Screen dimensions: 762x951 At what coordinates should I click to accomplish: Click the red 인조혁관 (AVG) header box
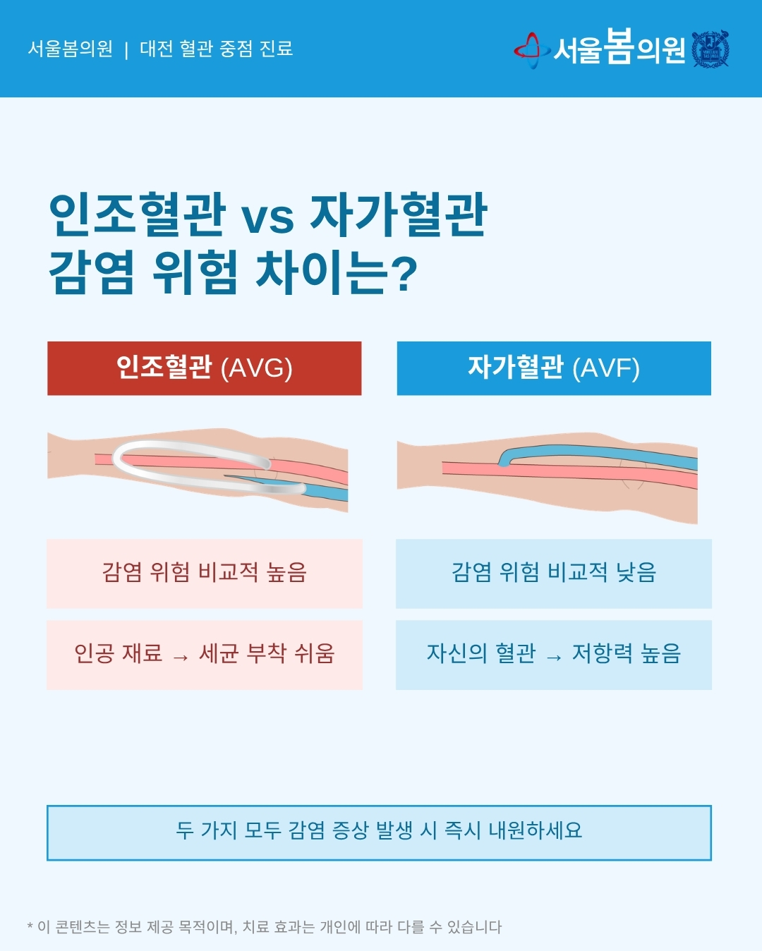(x=204, y=368)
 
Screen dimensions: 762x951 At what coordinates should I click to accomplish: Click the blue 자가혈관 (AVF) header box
(x=554, y=368)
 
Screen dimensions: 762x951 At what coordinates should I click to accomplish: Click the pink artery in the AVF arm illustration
(x=570, y=473)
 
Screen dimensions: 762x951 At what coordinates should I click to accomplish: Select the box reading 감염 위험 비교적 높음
(x=205, y=574)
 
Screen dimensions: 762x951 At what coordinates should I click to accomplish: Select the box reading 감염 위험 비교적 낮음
(x=554, y=574)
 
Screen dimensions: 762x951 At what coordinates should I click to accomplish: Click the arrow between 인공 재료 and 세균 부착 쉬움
(x=181, y=658)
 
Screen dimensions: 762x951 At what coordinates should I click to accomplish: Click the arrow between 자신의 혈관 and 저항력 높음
(x=554, y=658)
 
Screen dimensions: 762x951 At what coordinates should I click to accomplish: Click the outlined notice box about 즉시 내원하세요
(x=379, y=833)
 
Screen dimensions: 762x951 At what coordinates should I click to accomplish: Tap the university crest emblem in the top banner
(x=710, y=49)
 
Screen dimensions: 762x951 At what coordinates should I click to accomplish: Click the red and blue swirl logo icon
(x=532, y=50)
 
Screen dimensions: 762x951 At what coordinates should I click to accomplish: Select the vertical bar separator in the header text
(x=126, y=50)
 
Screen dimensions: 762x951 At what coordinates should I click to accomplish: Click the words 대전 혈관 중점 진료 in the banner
(x=216, y=49)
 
